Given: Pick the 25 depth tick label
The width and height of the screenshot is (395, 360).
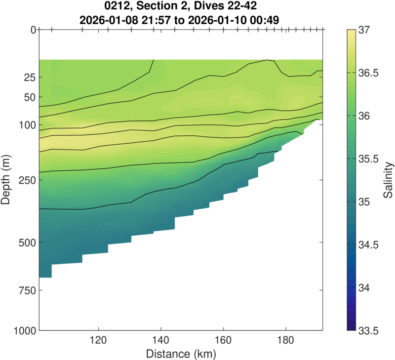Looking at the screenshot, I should (29, 78).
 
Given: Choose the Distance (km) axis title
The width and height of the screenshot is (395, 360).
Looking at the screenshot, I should (181, 354).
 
